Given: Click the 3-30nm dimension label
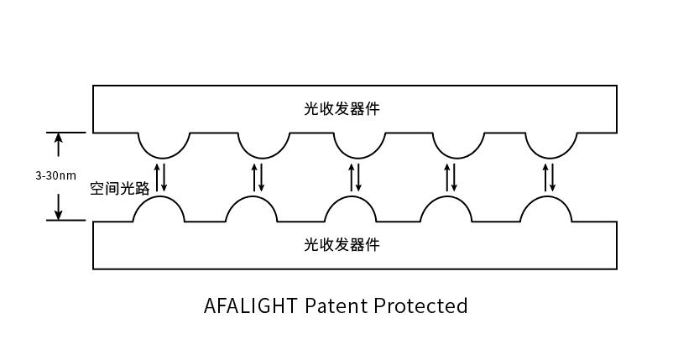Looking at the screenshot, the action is [55, 175].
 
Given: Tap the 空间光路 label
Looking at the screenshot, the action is [120, 188].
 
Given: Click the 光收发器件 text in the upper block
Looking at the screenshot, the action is [342, 108].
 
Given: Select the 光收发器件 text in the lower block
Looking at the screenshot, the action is [342, 244].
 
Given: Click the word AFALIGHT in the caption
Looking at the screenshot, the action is [251, 306].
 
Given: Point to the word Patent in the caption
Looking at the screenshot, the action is [336, 306].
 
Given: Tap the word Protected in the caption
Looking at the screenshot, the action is [420, 306].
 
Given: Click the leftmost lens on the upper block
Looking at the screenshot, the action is [164, 157].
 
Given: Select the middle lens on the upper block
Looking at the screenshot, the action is [360, 157].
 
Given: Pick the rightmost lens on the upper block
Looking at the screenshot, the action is [551, 157].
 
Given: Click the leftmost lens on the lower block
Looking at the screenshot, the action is [159, 197].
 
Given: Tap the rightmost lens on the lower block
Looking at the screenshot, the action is [546, 197].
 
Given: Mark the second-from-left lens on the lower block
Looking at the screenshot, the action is [252, 197].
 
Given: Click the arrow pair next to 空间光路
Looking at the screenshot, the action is [160, 177].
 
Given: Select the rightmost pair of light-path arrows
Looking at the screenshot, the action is [549, 177].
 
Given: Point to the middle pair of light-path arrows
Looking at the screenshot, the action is [355, 177].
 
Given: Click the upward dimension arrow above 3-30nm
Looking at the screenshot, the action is [59, 144].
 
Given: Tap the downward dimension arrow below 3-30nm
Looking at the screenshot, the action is [59, 206].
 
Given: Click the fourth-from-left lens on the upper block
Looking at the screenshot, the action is [458, 157].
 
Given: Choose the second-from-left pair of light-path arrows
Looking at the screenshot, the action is [258, 177].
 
